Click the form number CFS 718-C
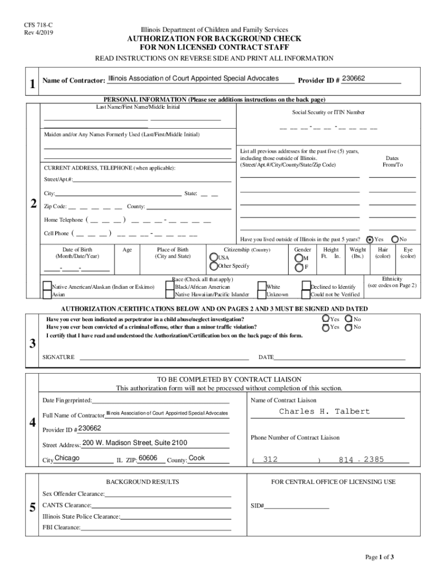coord(34,25)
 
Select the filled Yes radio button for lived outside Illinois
coord(369,239)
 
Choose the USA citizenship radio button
coord(213,258)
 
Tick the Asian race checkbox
coord(47,294)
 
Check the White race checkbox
coord(262,287)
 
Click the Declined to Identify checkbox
coord(306,287)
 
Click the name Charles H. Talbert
coord(324,412)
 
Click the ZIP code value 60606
coord(148,458)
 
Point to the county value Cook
coord(197,458)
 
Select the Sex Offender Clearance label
coord(74,494)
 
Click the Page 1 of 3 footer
coord(379,557)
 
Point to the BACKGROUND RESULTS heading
coord(142,481)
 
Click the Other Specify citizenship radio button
coord(213,267)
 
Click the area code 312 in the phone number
coord(270,460)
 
